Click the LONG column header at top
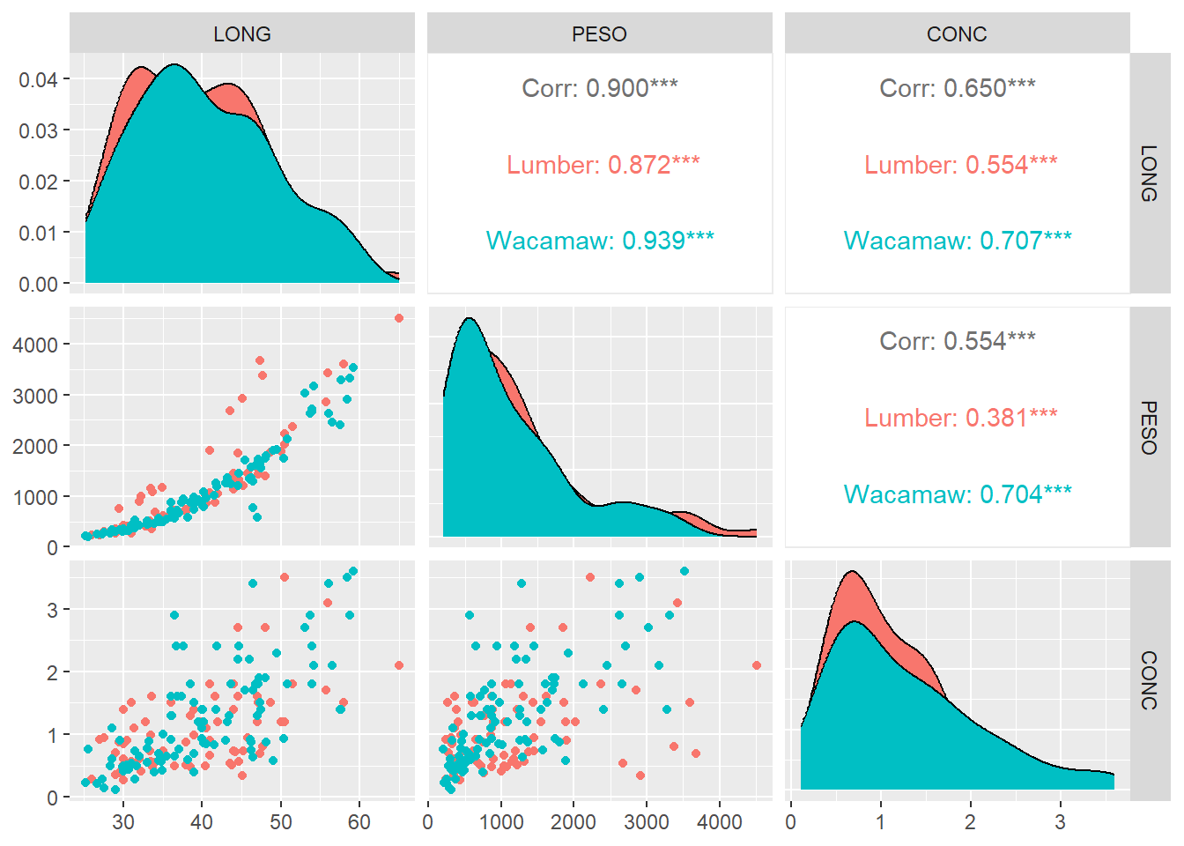(242, 34)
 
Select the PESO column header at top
(599, 34)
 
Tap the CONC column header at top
(957, 34)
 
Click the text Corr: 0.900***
(599, 88)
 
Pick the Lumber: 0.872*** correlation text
(603, 165)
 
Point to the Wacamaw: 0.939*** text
(599, 241)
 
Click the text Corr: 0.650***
(957, 88)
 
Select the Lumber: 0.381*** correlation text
(960, 418)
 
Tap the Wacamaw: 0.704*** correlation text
(957, 494)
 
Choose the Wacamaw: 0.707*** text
(957, 241)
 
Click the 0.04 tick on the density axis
(38, 80)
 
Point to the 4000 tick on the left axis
(35, 345)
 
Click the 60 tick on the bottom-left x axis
(359, 822)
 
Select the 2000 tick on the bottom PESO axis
(573, 822)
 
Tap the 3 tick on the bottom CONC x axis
(1060, 822)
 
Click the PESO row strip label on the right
(1150, 427)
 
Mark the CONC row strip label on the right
(1150, 680)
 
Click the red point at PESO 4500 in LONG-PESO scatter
(399, 318)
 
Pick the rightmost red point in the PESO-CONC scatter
(757, 665)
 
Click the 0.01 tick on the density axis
(38, 234)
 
